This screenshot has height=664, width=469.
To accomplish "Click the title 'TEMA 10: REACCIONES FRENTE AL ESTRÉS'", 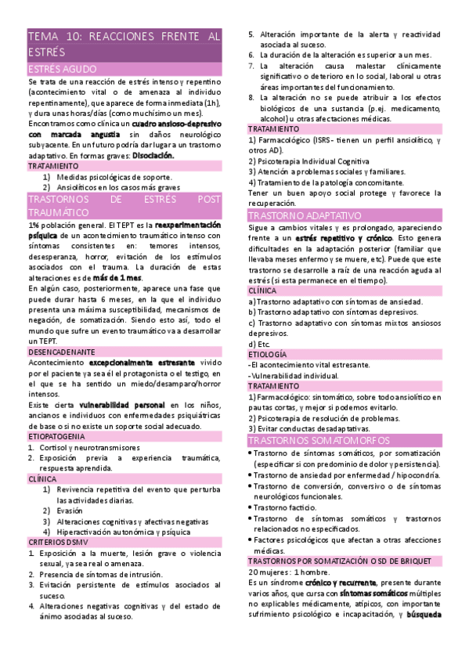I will [x=124, y=43].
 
